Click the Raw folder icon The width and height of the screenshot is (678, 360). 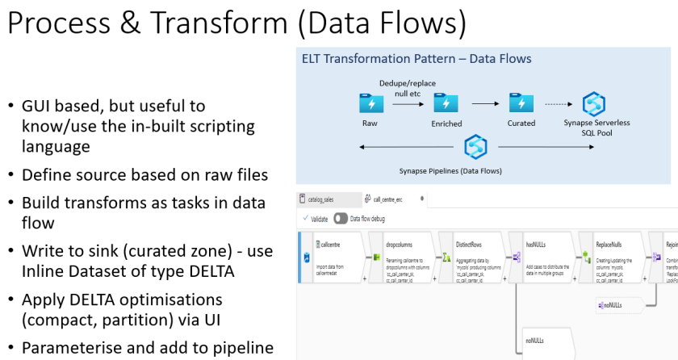click(x=370, y=103)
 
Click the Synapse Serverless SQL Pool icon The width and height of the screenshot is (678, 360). click(x=594, y=104)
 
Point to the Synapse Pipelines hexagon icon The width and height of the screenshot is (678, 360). click(x=475, y=147)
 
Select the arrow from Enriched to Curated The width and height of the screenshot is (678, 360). click(x=483, y=104)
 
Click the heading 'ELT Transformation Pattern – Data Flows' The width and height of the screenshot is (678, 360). click(x=416, y=59)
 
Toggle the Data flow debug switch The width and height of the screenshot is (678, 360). click(x=341, y=218)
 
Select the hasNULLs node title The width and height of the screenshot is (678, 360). click(x=537, y=244)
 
